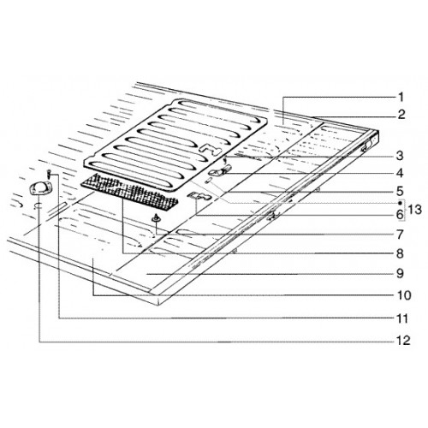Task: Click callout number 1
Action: [401, 98]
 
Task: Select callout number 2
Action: [401, 115]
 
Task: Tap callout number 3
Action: [400, 156]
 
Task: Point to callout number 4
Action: [400, 173]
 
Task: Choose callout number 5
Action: [400, 191]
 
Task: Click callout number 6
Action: [400, 214]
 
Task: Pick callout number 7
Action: [400, 235]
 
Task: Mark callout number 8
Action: [400, 253]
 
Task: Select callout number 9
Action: [400, 274]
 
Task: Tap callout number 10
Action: [403, 295]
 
